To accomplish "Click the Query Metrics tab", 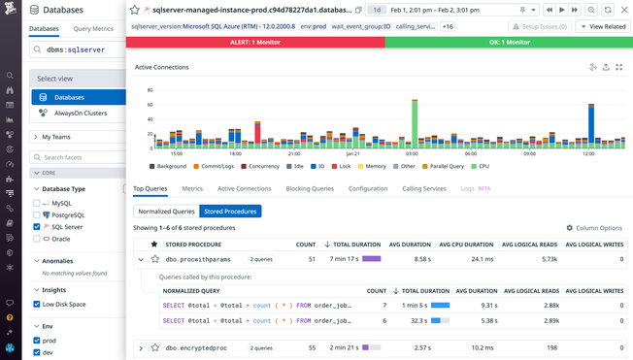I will [93, 29].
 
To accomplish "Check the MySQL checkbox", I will [37, 203].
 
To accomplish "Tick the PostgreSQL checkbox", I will [37, 214].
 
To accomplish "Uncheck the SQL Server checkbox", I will [37, 226].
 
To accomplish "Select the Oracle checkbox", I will [37, 238].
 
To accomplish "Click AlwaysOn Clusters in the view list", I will [81, 114].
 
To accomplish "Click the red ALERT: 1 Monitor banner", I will [255, 43].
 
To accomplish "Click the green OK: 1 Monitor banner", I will [509, 43].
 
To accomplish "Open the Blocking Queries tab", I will [310, 188].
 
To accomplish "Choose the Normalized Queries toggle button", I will [165, 211].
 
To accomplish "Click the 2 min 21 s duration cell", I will [342, 347].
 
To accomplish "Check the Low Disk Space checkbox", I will [37, 304].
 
